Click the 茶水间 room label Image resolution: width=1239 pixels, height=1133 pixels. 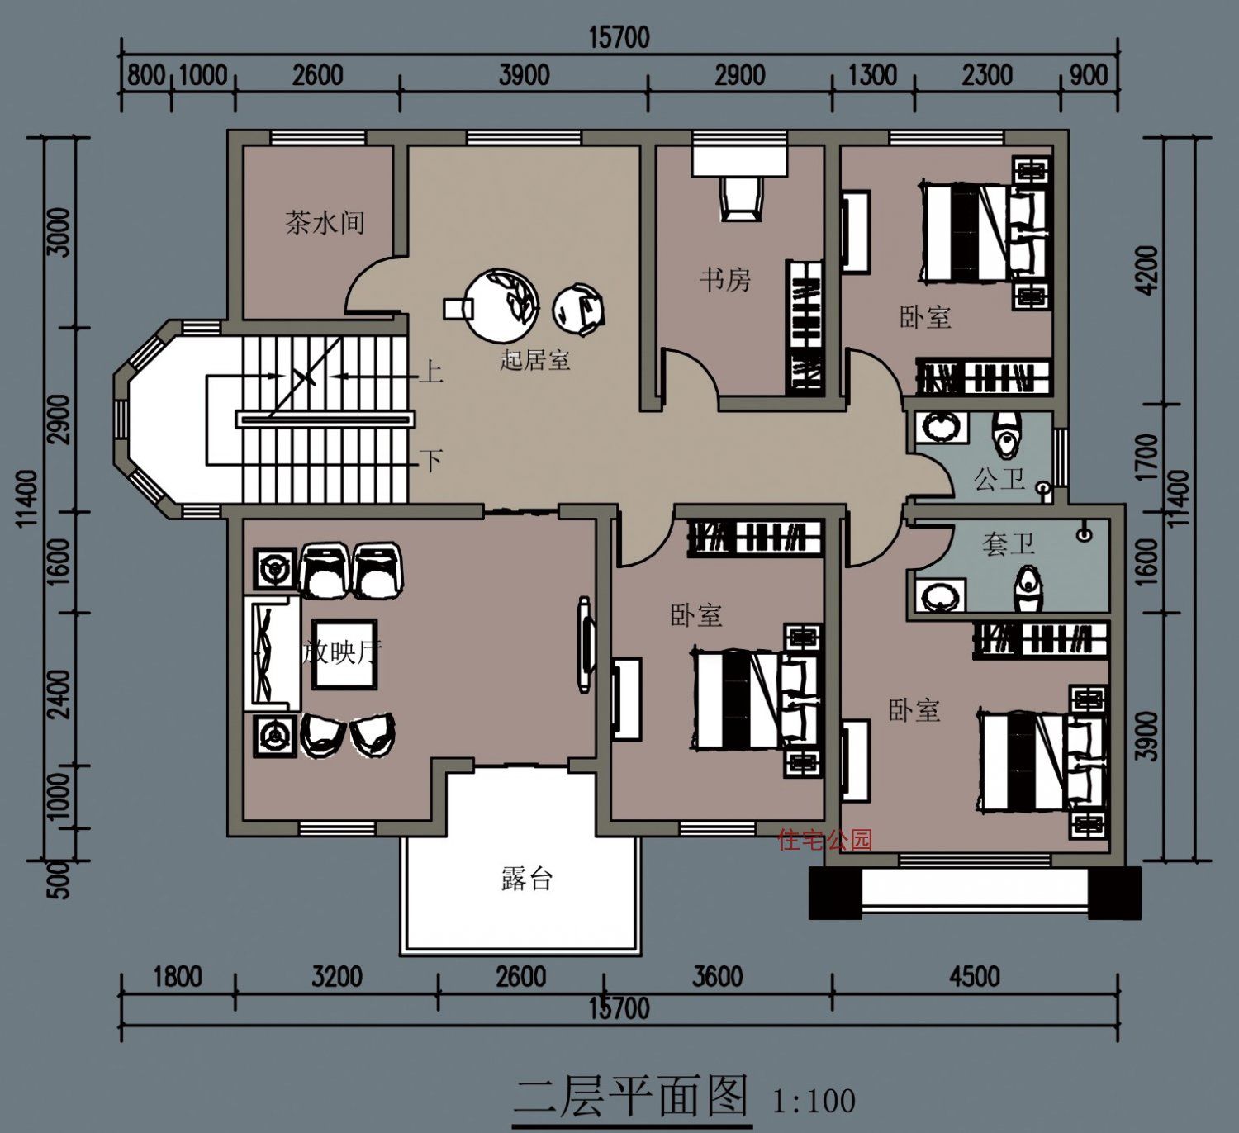325,222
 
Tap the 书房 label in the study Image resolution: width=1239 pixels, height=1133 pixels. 726,280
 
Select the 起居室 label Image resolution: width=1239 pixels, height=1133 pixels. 535,359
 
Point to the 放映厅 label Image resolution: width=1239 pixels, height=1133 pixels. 342,652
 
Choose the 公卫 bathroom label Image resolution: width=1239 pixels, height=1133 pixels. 999,480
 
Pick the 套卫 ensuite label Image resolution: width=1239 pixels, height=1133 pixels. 1008,544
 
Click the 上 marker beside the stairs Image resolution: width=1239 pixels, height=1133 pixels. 431,372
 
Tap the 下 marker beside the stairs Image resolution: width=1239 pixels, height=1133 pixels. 431,460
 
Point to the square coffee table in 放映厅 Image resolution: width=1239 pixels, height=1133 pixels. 344,653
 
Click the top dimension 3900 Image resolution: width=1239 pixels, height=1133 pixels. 524,75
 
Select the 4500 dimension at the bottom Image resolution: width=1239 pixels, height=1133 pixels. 974,977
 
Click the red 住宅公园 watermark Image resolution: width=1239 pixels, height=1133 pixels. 825,840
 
